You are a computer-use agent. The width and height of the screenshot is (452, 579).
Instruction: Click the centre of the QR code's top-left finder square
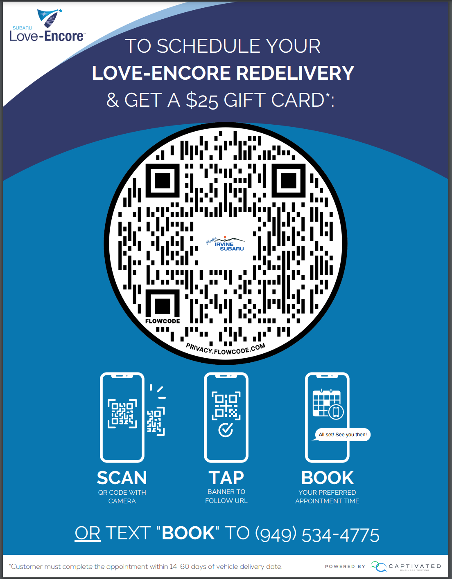[x=163, y=181]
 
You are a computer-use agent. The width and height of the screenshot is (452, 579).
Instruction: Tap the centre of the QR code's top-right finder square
[x=289, y=181]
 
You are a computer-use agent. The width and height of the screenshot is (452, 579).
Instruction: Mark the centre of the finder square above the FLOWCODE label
[x=163, y=306]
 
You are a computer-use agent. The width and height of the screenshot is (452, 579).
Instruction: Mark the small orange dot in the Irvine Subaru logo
[x=225, y=237]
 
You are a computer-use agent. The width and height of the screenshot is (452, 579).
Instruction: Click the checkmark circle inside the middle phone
[x=226, y=429]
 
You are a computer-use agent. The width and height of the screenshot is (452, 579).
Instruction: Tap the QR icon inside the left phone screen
[x=122, y=413]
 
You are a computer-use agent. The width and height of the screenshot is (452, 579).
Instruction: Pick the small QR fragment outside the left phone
[x=156, y=422]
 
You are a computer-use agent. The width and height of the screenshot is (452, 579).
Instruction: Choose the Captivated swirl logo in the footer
[x=379, y=566]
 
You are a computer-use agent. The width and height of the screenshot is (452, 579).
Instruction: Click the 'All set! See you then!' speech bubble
[x=342, y=435]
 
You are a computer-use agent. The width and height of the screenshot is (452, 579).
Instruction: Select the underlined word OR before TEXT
[x=88, y=534]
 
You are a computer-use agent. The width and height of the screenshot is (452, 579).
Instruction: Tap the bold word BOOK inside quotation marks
[x=188, y=534]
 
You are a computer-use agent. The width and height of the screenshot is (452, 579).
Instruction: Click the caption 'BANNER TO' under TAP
[x=226, y=491]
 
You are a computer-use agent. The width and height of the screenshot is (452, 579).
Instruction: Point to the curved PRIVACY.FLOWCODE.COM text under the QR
[x=226, y=349]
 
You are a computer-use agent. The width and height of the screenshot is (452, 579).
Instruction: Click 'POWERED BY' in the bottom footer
[x=345, y=566]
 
